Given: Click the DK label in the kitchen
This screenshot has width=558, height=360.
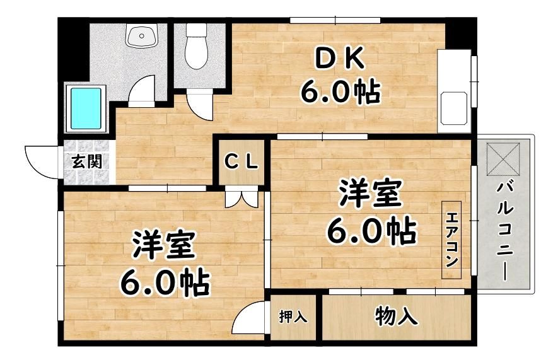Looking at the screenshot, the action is point(340,59).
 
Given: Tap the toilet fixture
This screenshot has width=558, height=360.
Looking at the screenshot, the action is point(196,46).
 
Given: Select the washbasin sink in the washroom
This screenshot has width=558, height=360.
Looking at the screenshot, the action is point(142,35).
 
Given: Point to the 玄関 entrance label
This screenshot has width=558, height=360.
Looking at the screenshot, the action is point(87,161).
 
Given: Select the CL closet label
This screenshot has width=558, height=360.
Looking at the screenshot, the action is point(241,163).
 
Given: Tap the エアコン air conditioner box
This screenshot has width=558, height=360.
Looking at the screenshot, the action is point(451,240).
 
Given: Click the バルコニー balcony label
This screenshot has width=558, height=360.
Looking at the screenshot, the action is point(506,231).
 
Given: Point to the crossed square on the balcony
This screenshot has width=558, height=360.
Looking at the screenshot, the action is point(503,159).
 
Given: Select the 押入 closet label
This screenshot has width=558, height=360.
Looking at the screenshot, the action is point(293,316).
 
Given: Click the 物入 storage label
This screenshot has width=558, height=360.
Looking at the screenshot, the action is point(396,316).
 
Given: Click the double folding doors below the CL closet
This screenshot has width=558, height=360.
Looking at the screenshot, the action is point(241,199).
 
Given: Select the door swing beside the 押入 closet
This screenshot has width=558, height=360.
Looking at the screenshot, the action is point(248,317).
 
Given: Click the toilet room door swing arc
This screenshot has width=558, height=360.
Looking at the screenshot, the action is point(199,104).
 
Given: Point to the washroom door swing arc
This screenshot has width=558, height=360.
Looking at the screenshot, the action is point(141,91).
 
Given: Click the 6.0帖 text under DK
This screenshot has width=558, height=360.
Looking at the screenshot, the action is point(340,92).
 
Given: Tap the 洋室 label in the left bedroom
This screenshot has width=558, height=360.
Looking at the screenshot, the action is point(164,245).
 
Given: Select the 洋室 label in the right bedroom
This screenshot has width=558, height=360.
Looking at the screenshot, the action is point(371,194).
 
